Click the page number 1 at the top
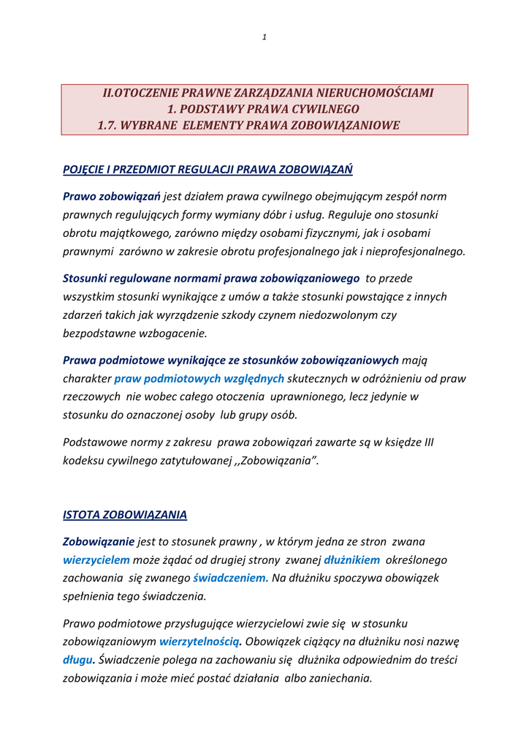point(264,37)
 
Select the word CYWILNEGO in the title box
point(308,109)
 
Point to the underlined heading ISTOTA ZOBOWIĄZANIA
point(125,514)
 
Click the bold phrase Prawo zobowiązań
point(112,196)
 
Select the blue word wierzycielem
point(96,560)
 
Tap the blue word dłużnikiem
point(351,560)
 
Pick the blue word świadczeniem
point(226,578)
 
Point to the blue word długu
point(78,660)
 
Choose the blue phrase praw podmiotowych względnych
point(199,378)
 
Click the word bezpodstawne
point(97,333)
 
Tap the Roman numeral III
point(429,443)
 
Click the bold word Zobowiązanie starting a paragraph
point(99,541)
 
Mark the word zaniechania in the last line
point(342,678)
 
